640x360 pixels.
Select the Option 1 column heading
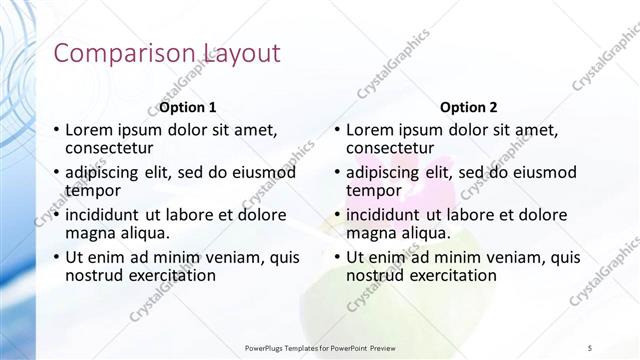coord(188,107)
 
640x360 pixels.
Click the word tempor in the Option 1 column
coord(92,189)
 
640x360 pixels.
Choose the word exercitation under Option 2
coord(446,275)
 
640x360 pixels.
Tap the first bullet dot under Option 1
coord(56,130)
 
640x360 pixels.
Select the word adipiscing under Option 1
coord(103,172)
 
